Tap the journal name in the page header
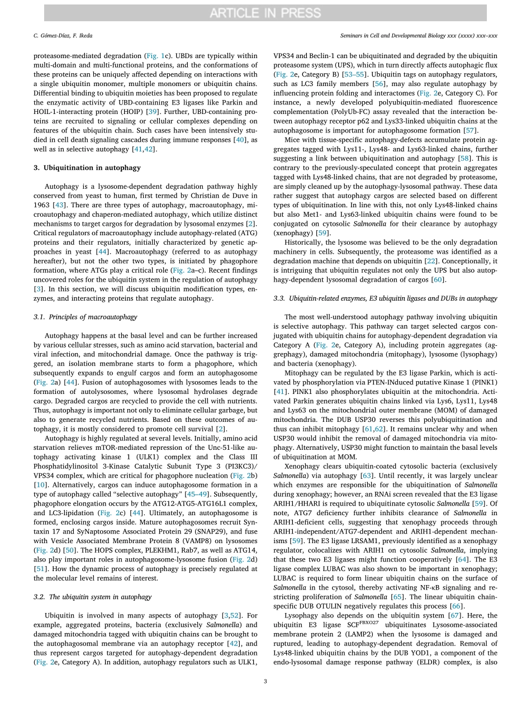pos(418,36)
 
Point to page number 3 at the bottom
pos(265,681)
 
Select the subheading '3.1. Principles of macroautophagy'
pos(85,317)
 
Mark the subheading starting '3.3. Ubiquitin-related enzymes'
pos(385,298)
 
